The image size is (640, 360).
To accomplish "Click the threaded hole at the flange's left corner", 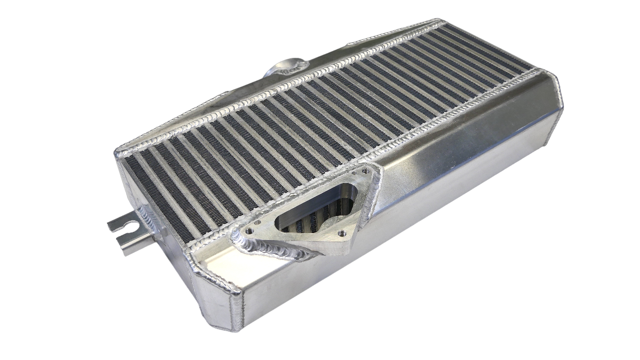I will (248, 232).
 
